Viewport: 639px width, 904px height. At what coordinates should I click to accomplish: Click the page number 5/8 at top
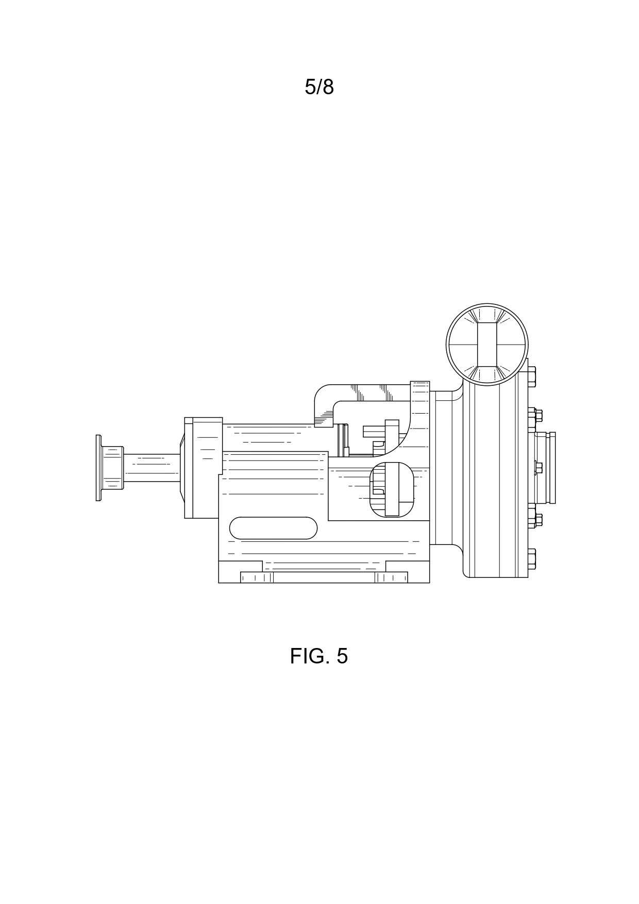(x=319, y=88)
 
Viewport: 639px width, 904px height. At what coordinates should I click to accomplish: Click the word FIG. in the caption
(x=308, y=656)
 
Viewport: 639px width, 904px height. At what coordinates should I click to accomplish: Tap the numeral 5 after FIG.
(x=342, y=656)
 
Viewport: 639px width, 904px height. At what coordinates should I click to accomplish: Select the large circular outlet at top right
(x=487, y=344)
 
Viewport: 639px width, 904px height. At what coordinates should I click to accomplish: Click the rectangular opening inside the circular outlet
(x=487, y=344)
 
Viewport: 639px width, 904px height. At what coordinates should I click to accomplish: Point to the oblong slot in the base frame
(x=273, y=528)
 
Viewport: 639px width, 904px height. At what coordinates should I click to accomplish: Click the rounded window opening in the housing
(x=392, y=489)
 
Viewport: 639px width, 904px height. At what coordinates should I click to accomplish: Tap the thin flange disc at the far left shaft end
(x=98, y=467)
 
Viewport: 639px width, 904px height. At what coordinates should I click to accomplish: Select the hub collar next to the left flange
(x=113, y=467)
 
